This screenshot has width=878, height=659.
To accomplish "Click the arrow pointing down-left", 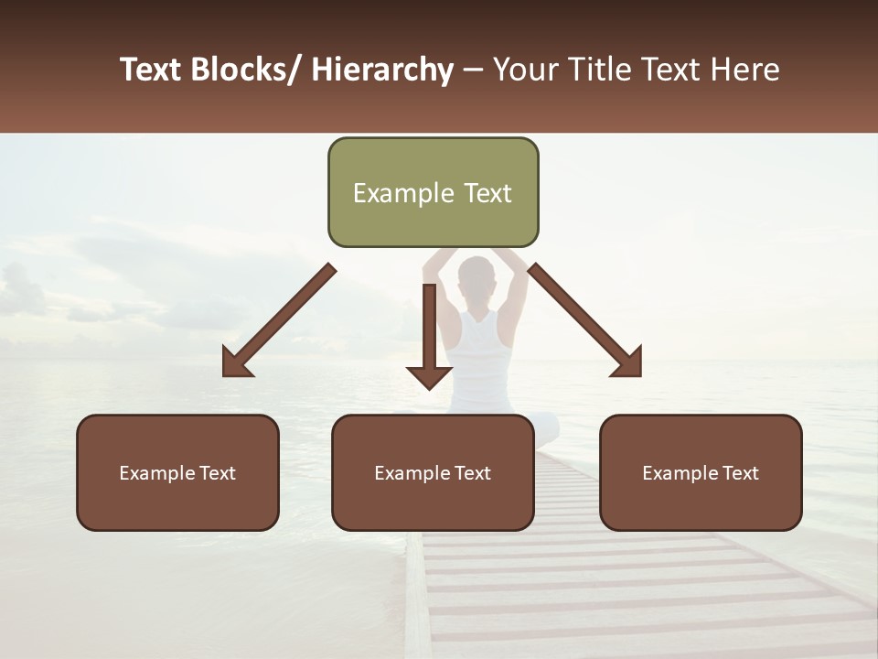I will click(279, 320).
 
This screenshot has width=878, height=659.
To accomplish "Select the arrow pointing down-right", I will click(585, 320).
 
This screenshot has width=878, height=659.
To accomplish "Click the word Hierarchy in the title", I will click(382, 70).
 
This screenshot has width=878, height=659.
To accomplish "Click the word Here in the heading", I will click(746, 70).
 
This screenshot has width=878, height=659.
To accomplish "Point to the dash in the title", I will click(473, 70).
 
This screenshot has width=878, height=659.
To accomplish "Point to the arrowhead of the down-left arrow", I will click(236, 363).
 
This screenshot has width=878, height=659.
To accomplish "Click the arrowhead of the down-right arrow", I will click(628, 363).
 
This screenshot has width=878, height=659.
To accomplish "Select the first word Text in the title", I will click(152, 70).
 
